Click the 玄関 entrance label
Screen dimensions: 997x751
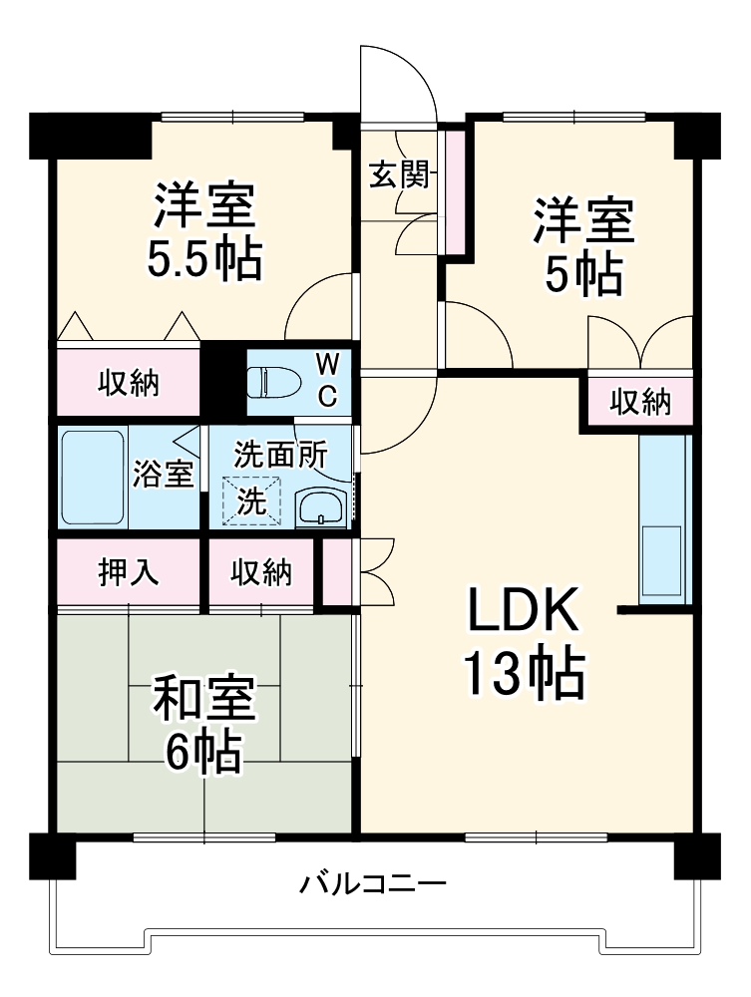click(x=400, y=175)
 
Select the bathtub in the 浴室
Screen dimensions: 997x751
click(x=92, y=479)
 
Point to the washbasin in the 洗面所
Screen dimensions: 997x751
click(x=322, y=506)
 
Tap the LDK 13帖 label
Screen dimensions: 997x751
click(x=523, y=646)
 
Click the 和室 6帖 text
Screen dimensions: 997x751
click(x=203, y=725)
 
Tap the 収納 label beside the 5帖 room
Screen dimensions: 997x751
click(x=640, y=402)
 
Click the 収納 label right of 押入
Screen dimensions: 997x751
click(x=261, y=573)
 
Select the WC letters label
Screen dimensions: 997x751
click(x=327, y=379)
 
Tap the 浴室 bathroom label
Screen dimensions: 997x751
click(x=163, y=475)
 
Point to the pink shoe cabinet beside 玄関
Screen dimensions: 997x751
click(x=455, y=189)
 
